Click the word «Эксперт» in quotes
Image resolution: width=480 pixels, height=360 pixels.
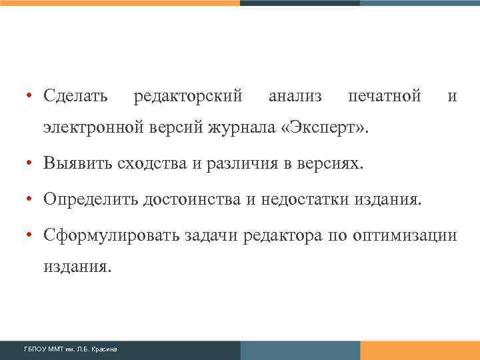[327, 127]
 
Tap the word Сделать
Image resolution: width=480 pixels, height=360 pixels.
[75, 97]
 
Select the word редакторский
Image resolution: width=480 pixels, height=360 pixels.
[188, 97]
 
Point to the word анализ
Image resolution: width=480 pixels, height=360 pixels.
[295, 97]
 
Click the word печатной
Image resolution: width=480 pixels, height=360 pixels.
[385, 97]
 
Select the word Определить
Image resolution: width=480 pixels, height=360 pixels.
[89, 199]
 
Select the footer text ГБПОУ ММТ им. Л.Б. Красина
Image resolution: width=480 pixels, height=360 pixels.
[71, 349]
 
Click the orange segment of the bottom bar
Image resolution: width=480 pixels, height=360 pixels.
[419, 350]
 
